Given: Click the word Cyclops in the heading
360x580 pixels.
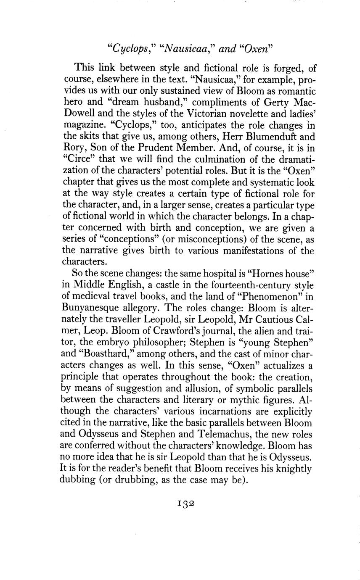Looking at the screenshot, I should (x=128, y=49).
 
